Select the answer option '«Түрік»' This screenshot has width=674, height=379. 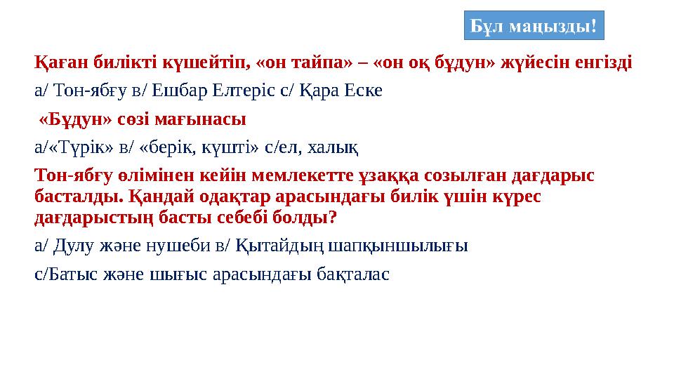pyautogui.click(x=71, y=147)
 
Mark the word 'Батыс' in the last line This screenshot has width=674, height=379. pyautogui.click(x=65, y=274)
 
